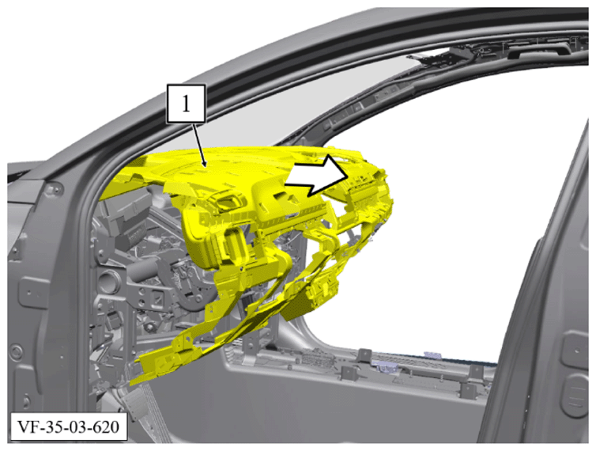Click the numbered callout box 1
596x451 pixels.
187,104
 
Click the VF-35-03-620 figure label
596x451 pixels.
69,427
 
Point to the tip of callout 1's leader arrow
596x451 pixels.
206,167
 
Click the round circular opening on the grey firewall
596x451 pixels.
108,281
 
